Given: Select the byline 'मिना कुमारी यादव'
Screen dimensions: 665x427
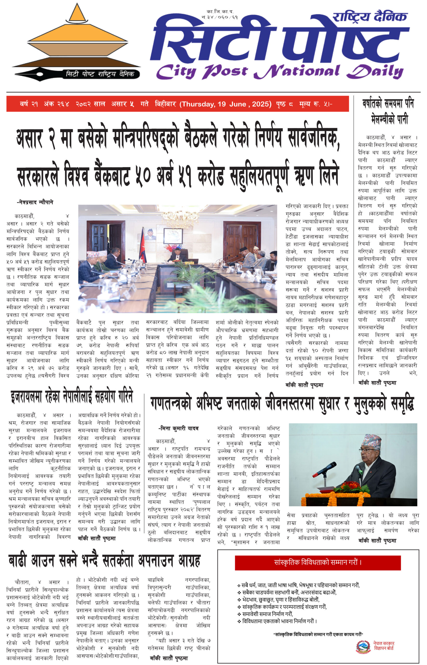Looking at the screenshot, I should coord(178,428).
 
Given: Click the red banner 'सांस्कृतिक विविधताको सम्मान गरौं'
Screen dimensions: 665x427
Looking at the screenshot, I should coord(318,562).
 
